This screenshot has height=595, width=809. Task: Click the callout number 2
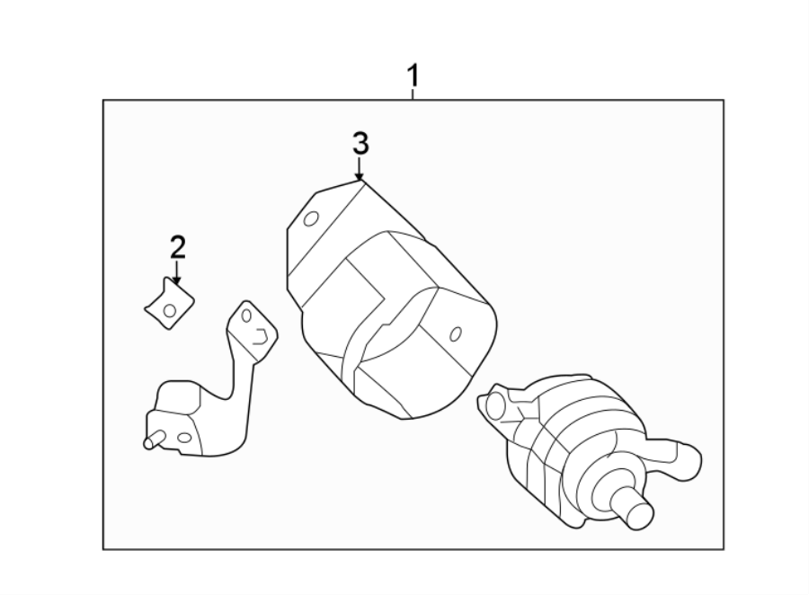coord(177,247)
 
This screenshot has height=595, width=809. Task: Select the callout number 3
coord(360,143)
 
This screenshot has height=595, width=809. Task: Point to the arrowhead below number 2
coord(177,280)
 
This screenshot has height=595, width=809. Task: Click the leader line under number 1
coord(413,93)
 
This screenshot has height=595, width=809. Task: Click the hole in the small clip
coord(170,310)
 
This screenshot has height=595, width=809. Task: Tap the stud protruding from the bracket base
coord(151,440)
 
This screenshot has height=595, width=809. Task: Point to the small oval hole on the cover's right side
coord(455,334)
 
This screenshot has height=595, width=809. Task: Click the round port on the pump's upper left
coord(493,404)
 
